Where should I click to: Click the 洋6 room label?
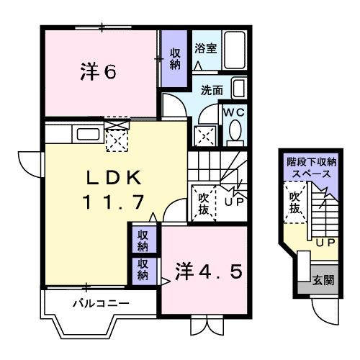point(98,72)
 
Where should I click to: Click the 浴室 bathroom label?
point(205,49)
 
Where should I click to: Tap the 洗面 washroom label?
point(211,91)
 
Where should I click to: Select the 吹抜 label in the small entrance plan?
point(294,202)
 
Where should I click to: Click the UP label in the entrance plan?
point(323,243)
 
